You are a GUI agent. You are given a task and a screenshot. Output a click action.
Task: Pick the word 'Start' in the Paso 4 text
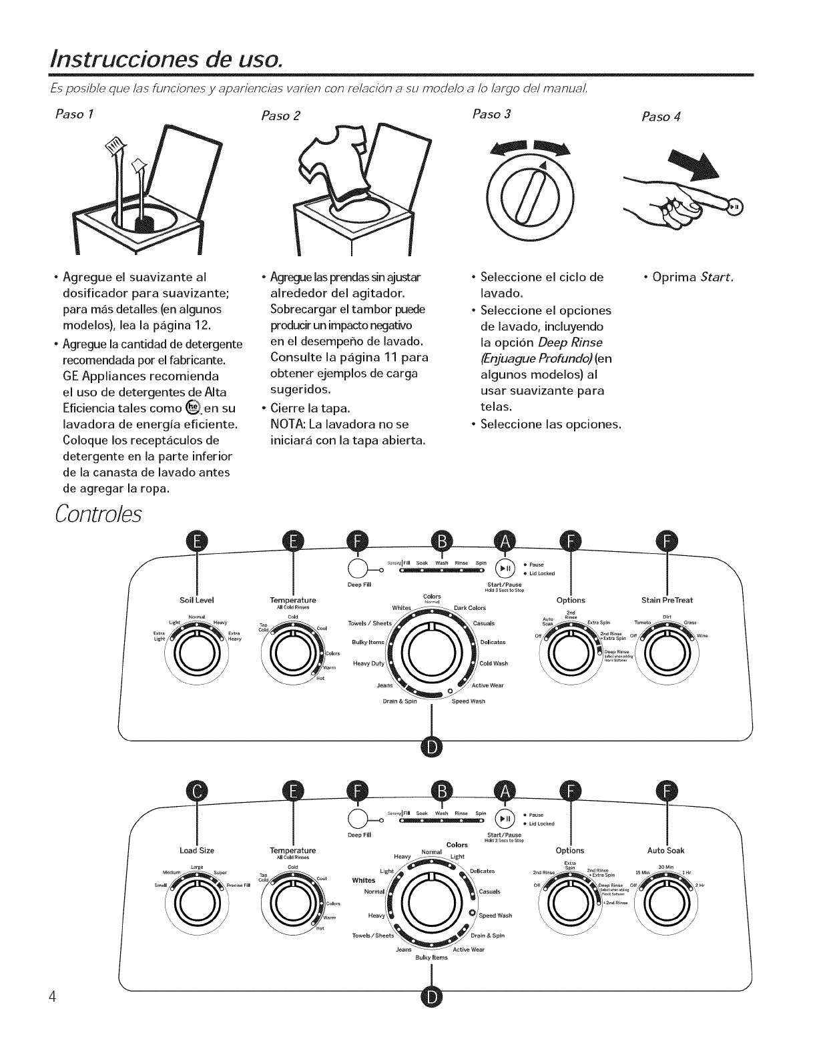(717, 277)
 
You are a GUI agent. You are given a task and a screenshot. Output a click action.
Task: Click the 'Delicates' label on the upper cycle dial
(493, 642)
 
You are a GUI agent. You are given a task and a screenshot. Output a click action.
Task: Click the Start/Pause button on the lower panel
(504, 818)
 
